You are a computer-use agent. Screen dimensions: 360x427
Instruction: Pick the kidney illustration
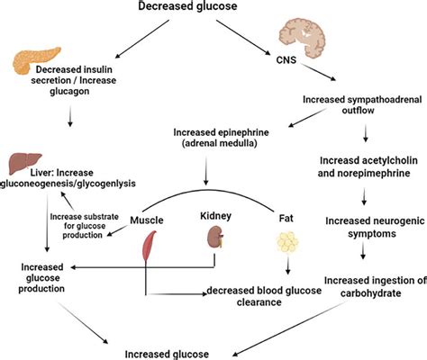click(x=215, y=239)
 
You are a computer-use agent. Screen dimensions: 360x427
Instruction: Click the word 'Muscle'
click(x=149, y=219)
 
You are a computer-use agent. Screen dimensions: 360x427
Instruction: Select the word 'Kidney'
click(x=216, y=217)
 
